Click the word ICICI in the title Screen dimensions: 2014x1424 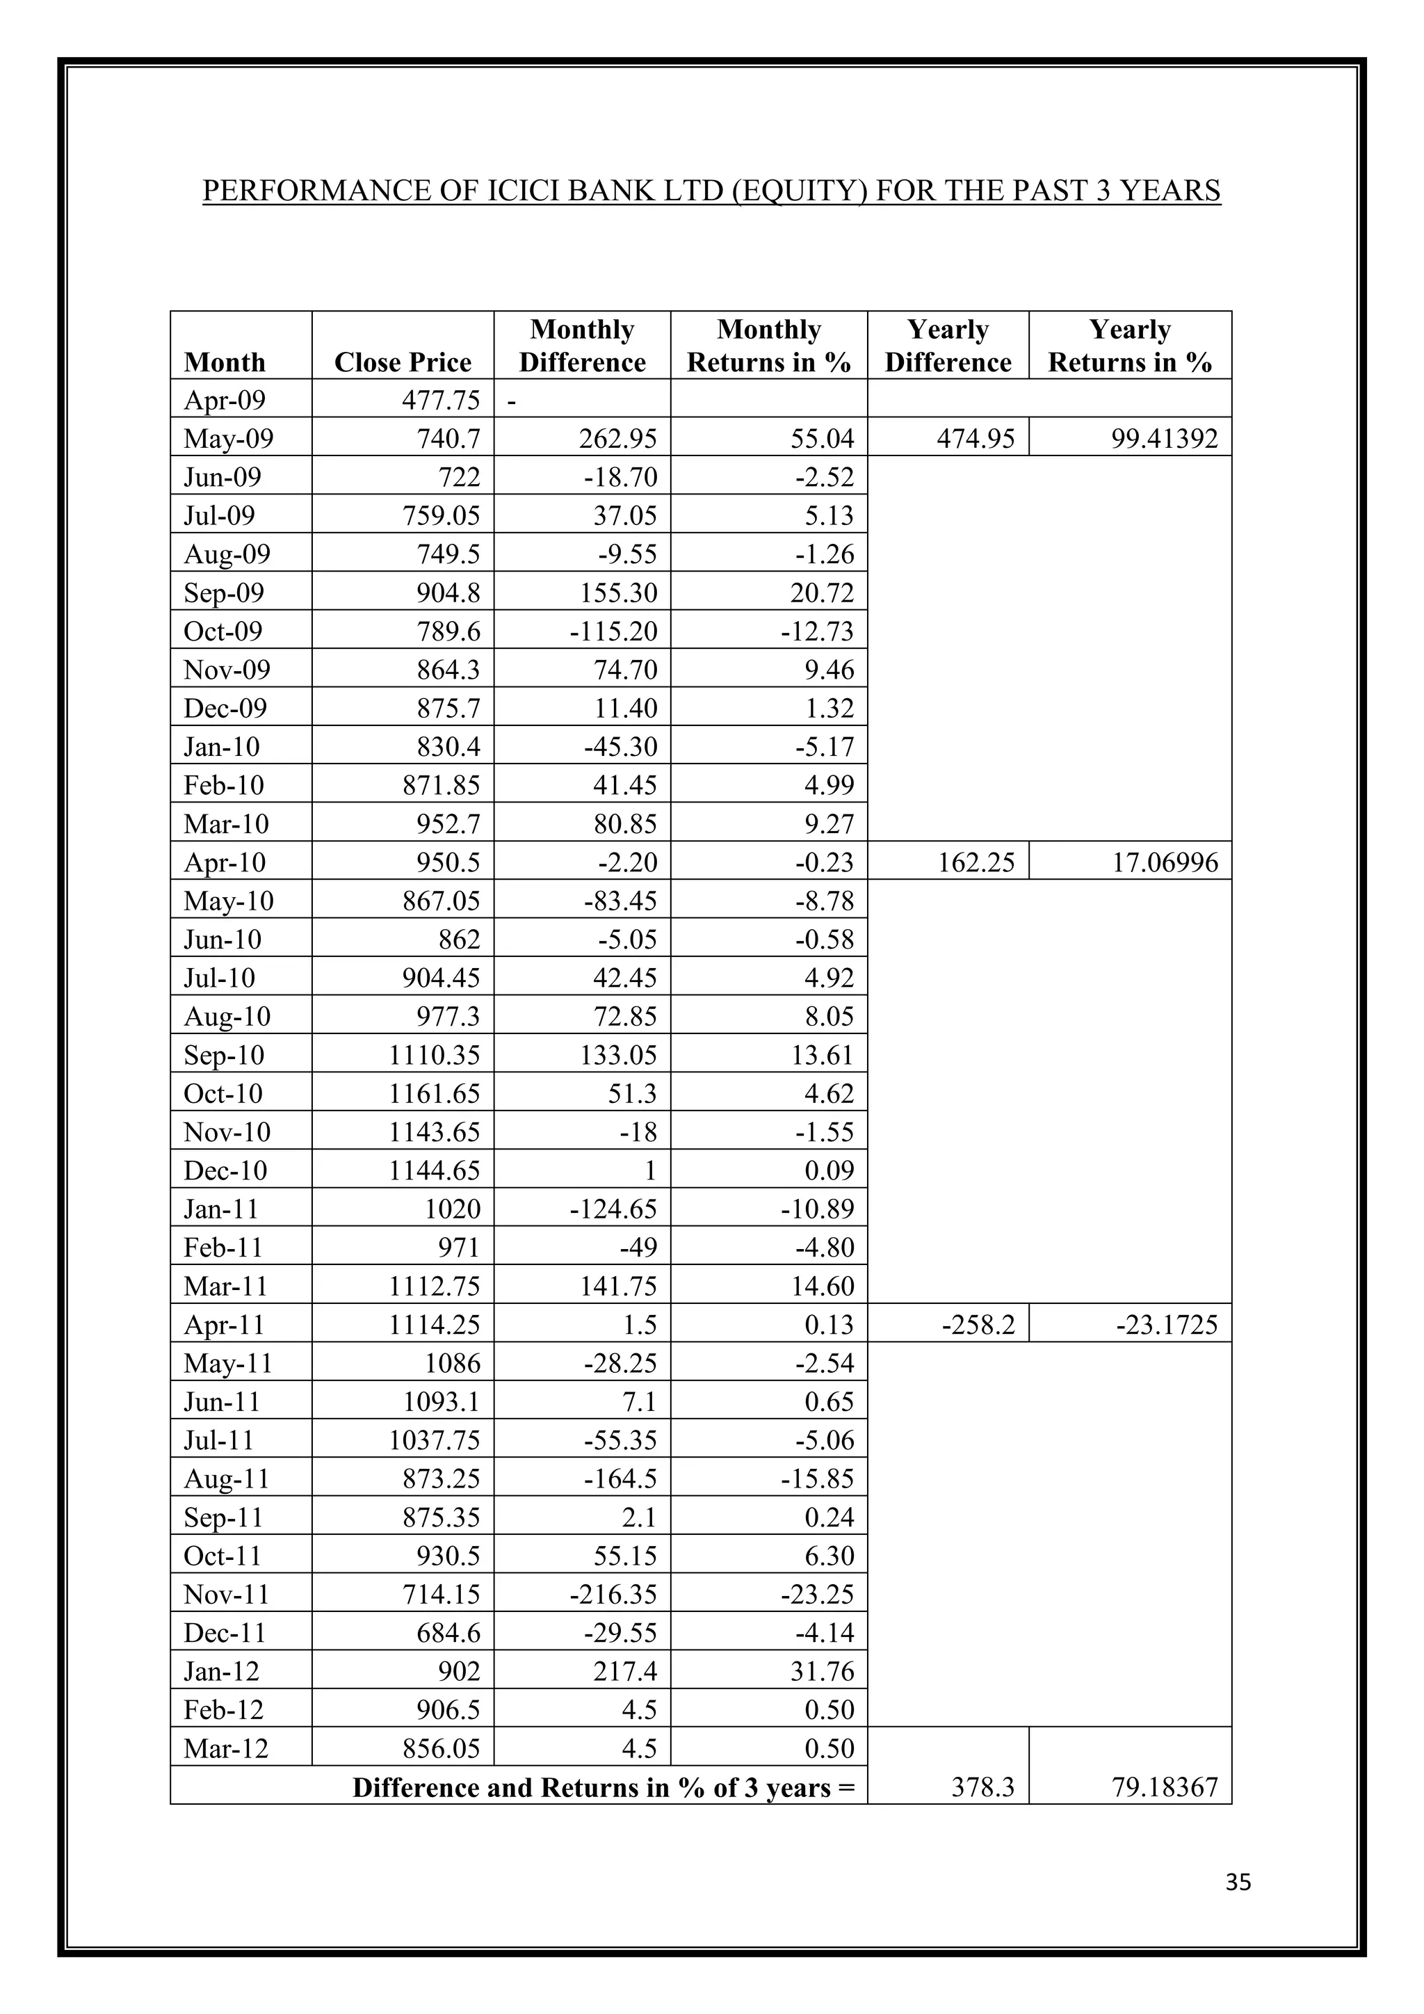click(x=521, y=191)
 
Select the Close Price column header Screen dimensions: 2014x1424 click(x=403, y=362)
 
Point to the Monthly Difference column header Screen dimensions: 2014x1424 click(x=581, y=346)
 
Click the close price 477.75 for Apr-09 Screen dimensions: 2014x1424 click(x=441, y=400)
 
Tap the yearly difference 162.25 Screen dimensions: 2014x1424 click(x=976, y=862)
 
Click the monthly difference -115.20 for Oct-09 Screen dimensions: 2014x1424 click(x=612, y=631)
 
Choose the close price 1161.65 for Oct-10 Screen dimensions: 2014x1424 click(x=434, y=1094)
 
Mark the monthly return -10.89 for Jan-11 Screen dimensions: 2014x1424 click(x=816, y=1209)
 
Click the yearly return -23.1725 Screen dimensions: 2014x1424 click(x=1166, y=1326)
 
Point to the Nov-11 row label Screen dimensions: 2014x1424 click(x=225, y=1595)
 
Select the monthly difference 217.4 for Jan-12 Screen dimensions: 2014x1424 click(x=624, y=1672)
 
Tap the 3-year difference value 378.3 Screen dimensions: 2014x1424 click(x=983, y=1788)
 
